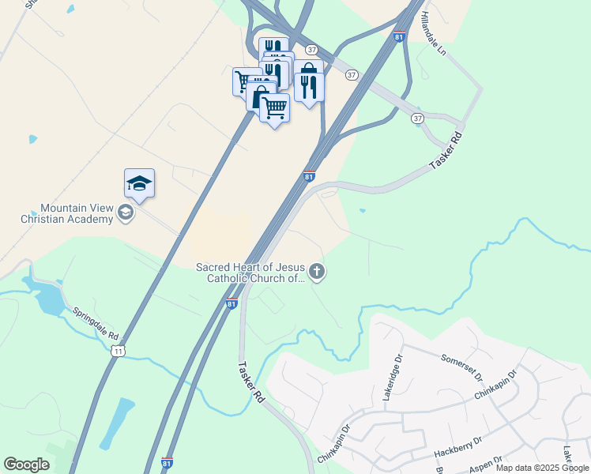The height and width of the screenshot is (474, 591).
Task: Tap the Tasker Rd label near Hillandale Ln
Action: (x=446, y=151)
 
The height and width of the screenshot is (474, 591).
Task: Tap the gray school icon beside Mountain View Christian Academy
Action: (x=125, y=213)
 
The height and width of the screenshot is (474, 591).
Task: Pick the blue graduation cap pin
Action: (x=139, y=184)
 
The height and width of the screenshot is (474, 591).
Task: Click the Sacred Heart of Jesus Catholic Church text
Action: (x=250, y=273)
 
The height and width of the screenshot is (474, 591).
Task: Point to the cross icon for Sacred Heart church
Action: (x=317, y=273)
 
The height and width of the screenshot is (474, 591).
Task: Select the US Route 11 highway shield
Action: (x=118, y=350)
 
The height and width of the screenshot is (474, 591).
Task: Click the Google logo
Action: (x=26, y=465)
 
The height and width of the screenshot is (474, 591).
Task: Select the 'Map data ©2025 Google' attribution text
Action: (x=542, y=468)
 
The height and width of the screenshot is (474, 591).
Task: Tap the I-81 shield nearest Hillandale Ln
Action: (x=399, y=36)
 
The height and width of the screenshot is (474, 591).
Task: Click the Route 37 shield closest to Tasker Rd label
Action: (x=417, y=118)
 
